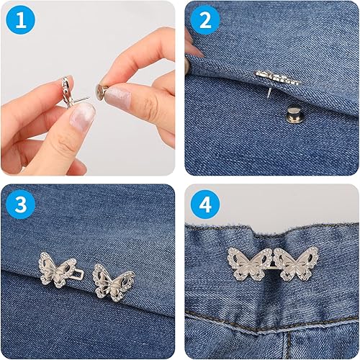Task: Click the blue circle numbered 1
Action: click(x=20, y=20)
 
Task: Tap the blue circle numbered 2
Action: click(x=205, y=20)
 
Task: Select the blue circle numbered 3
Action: click(x=20, y=204)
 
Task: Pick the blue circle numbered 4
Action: click(x=205, y=204)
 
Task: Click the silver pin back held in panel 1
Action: click(x=102, y=89)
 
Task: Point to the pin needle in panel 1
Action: click(x=81, y=99)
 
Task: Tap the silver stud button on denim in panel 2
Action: click(x=292, y=114)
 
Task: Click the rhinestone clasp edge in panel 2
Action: click(x=279, y=78)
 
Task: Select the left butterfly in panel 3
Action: click(x=57, y=269)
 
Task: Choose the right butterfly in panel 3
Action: click(x=113, y=282)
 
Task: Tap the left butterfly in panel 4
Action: click(x=251, y=264)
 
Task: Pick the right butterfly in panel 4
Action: click(x=296, y=264)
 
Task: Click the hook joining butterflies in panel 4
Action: click(x=274, y=265)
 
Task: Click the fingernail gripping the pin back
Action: click(x=118, y=96)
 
